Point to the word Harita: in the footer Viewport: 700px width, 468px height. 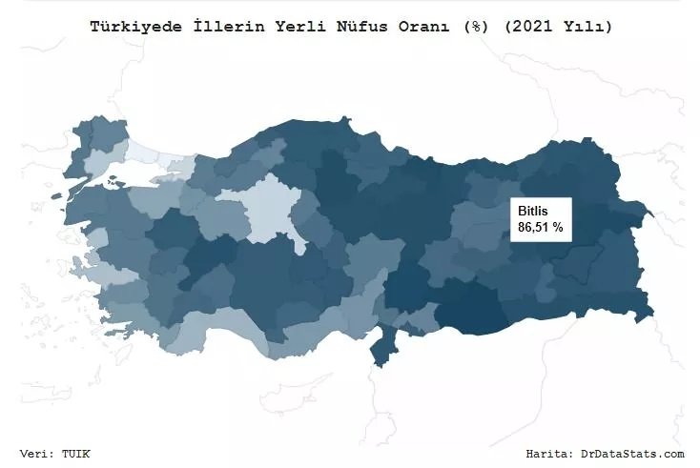tap(550, 453)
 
